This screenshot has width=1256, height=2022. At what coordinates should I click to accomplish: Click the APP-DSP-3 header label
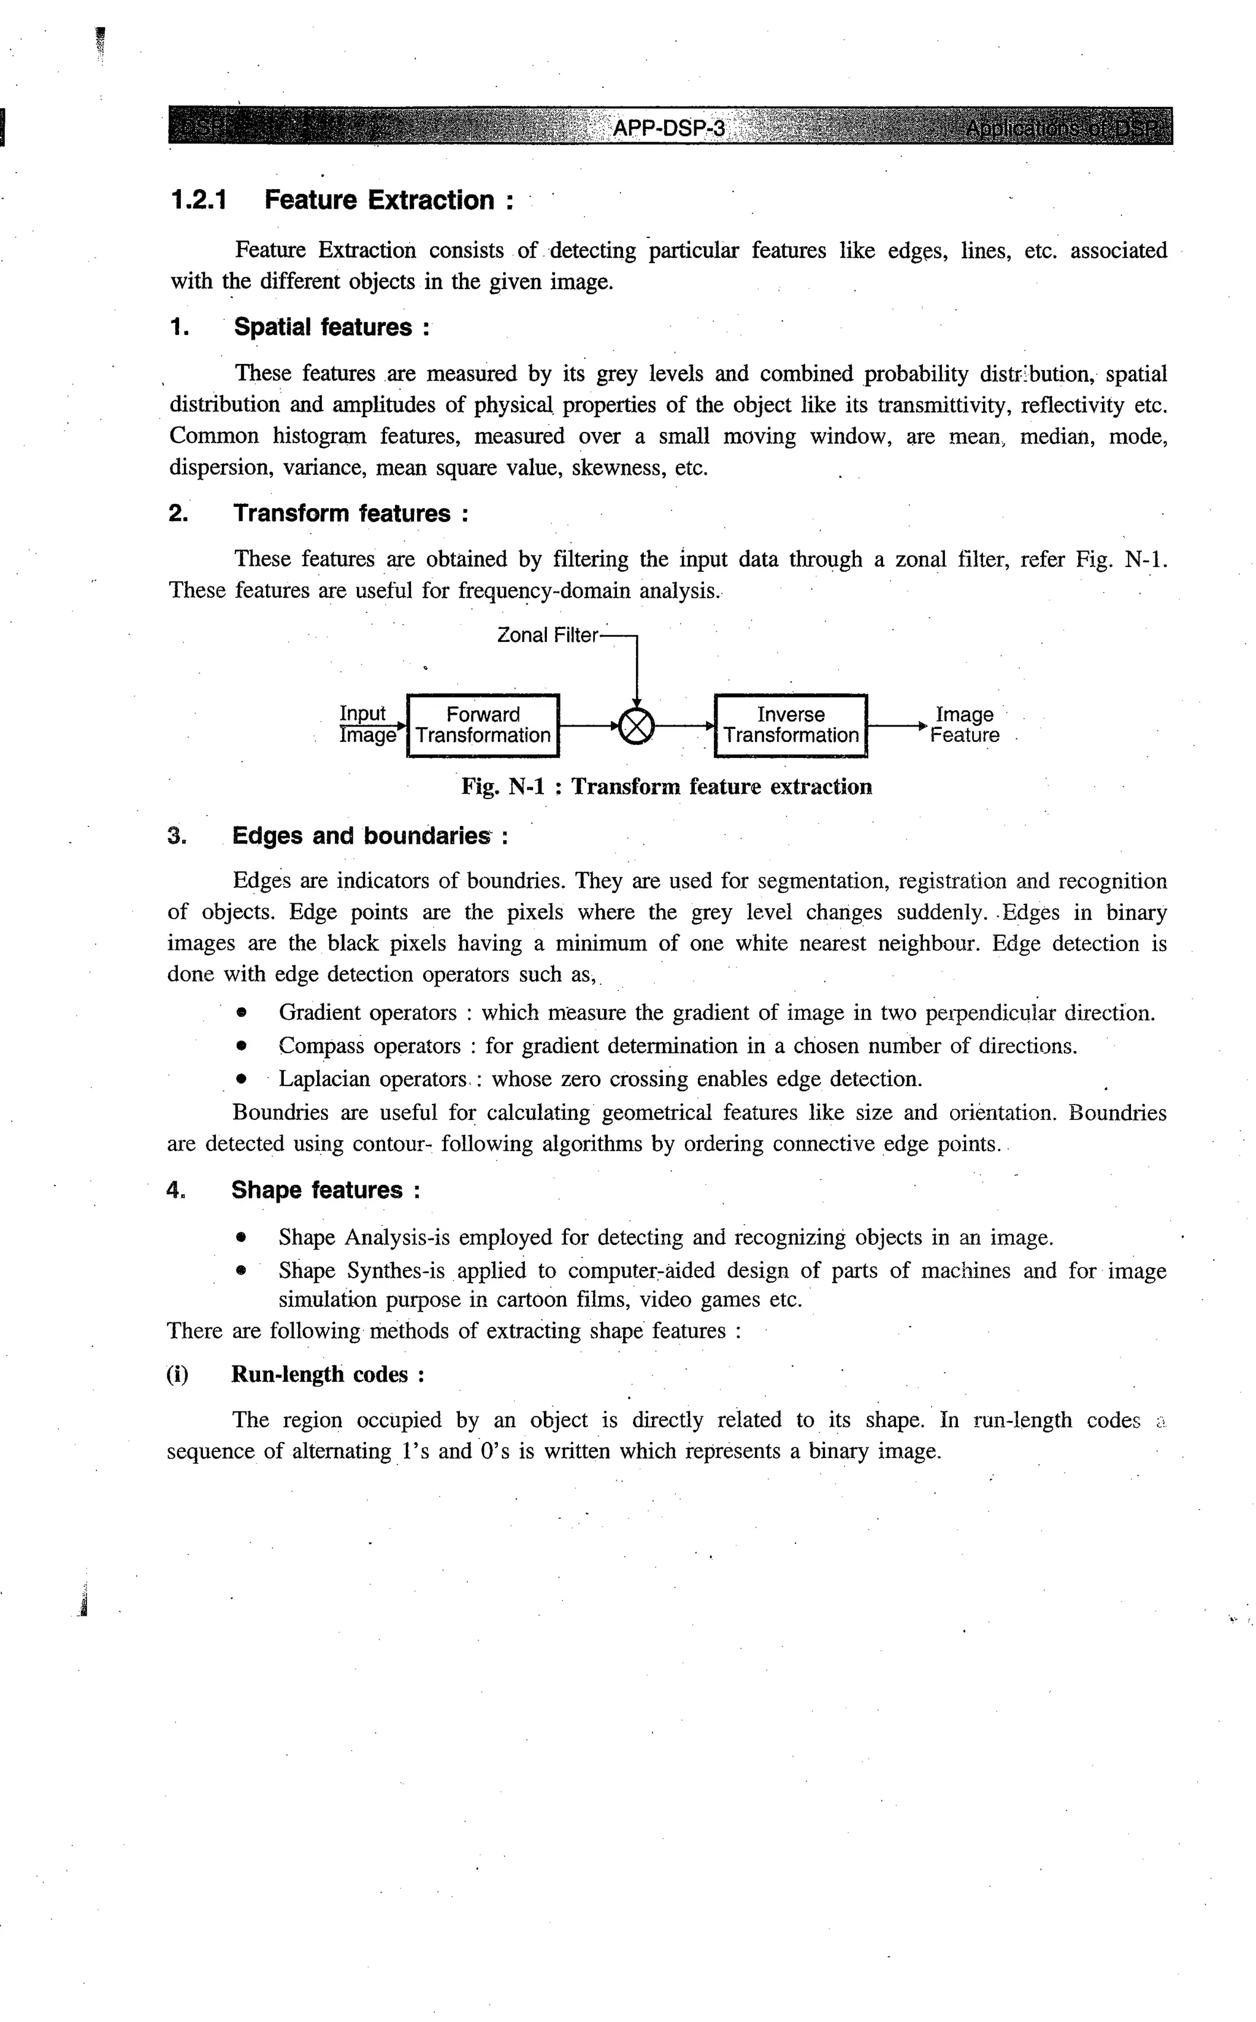coord(668,128)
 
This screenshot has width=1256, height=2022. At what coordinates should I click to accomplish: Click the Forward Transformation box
coord(483,725)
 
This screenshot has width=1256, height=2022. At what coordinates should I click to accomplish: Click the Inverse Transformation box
coord(791,725)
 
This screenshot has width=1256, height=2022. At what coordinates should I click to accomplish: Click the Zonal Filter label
coord(546,635)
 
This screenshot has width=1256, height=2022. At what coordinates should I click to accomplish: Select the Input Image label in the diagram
coord(366,725)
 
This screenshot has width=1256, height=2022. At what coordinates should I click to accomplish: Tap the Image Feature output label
coord(965,725)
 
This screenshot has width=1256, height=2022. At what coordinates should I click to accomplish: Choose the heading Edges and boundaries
coord(361,835)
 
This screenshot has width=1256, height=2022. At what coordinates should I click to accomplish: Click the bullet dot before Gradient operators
coord(241,1013)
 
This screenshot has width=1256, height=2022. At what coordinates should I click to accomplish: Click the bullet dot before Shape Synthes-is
coord(241,1271)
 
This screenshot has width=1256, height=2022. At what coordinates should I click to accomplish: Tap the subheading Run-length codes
coord(320,1375)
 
